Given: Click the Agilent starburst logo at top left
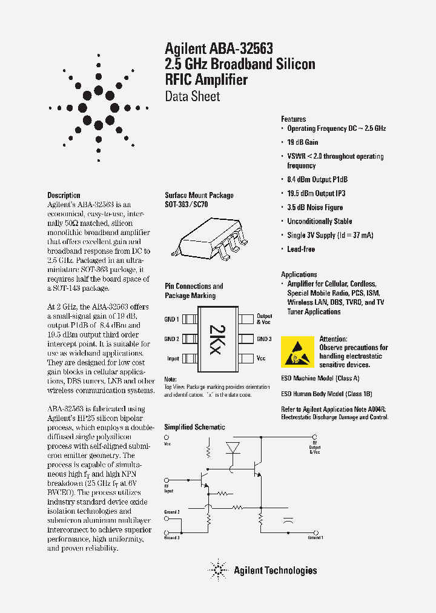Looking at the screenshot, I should (x=99, y=108).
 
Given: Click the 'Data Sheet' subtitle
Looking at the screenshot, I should (x=192, y=96).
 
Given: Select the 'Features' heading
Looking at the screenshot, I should (x=293, y=119).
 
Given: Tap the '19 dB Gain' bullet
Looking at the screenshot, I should (x=302, y=142).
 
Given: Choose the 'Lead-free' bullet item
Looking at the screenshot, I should (x=300, y=249).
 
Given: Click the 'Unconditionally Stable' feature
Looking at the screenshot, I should (x=319, y=222).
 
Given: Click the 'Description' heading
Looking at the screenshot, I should (x=64, y=195).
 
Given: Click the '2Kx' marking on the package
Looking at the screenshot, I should (x=216, y=339).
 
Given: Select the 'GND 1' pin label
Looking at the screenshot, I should (x=171, y=319).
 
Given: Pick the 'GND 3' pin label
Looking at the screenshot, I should (x=264, y=339).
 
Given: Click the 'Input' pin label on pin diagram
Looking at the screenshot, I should (x=173, y=359).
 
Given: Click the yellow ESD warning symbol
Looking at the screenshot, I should (x=297, y=352).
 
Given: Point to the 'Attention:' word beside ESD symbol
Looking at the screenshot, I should (x=333, y=339).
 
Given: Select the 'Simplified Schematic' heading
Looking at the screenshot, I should (x=194, y=427).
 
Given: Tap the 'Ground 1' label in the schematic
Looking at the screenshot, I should (x=315, y=537).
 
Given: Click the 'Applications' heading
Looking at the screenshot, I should (x=299, y=274).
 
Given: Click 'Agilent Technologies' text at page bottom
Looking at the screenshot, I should (x=275, y=570).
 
